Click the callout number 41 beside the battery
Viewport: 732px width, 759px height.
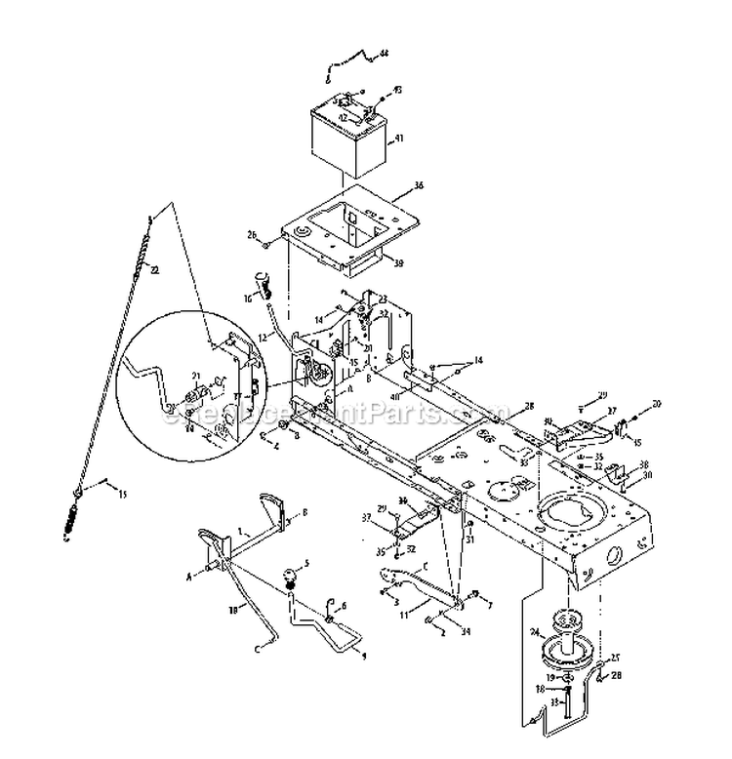click(x=396, y=140)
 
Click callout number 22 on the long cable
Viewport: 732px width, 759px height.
click(x=156, y=270)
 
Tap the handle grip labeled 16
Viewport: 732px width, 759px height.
click(x=262, y=283)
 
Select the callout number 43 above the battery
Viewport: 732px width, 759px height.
click(x=397, y=91)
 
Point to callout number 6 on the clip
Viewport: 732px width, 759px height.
click(x=343, y=605)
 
